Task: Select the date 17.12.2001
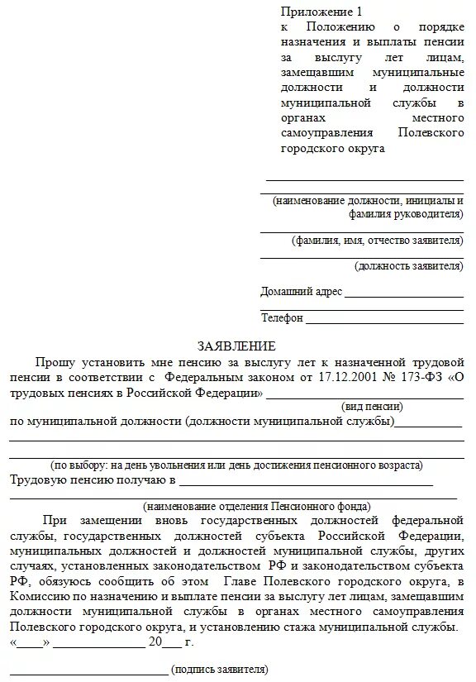pyautogui.click(x=336, y=378)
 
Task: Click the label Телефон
pyautogui.click(x=282, y=318)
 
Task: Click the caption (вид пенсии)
pyautogui.click(x=372, y=407)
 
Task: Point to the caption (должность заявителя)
pyautogui.click(x=408, y=266)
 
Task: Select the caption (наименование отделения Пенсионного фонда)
pyautogui.click(x=256, y=506)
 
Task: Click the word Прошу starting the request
pyautogui.click(x=55, y=362)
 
